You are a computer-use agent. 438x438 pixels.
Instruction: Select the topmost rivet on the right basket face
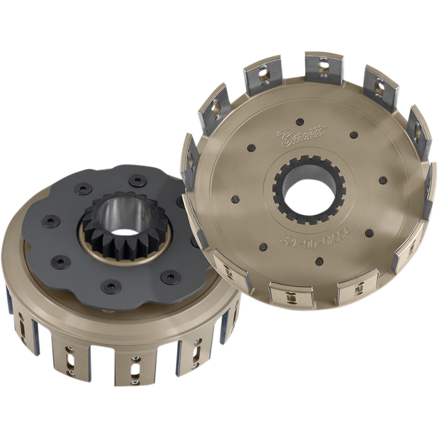(x=300, y=121)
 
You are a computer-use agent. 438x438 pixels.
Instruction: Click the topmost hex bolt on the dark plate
(x=137, y=181)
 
